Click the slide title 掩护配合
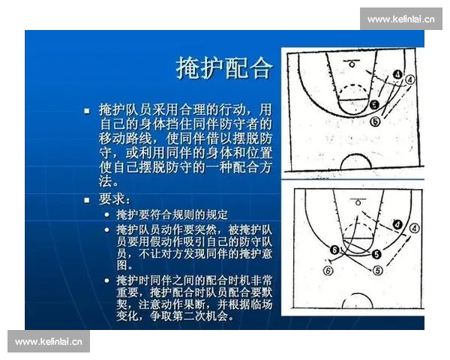point(223,68)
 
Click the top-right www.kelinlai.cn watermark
point(401,19)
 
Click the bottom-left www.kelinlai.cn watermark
point(49,341)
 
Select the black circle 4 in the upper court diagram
point(395,73)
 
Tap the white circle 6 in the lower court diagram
point(327,271)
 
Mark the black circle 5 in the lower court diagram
point(375,254)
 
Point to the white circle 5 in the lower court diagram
point(378,270)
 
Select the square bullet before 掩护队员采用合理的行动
point(87,109)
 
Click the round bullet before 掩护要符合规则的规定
point(107,214)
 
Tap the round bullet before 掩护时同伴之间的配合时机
point(107,279)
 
